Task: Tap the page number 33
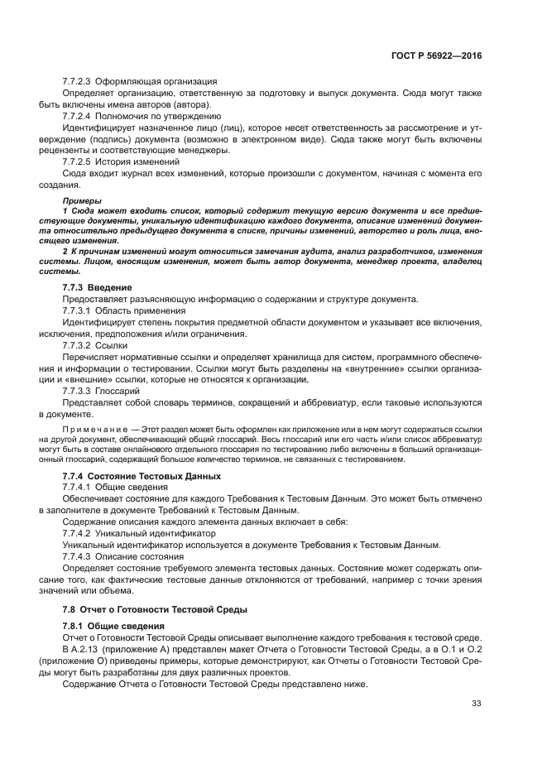point(476,704)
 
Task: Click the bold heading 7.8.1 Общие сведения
point(108,626)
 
